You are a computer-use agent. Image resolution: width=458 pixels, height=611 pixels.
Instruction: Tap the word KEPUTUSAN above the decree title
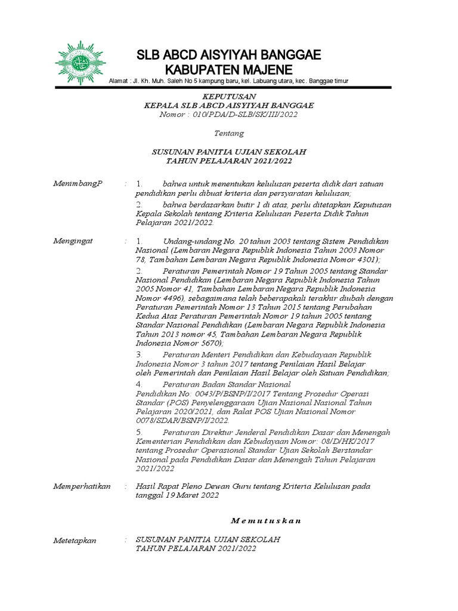(229, 96)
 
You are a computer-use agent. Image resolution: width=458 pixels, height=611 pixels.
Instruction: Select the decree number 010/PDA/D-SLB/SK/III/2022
(246, 114)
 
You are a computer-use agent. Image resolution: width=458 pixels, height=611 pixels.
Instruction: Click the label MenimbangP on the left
(78, 183)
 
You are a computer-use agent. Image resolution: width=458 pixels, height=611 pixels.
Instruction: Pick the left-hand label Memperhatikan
(82, 486)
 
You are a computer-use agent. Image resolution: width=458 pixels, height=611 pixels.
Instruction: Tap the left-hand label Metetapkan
(75, 540)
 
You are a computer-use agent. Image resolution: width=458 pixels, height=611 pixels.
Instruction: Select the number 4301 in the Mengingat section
(364, 260)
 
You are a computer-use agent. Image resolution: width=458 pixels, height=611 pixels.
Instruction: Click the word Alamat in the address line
(119, 81)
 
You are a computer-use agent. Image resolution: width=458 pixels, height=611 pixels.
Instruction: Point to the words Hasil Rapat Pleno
(168, 486)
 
